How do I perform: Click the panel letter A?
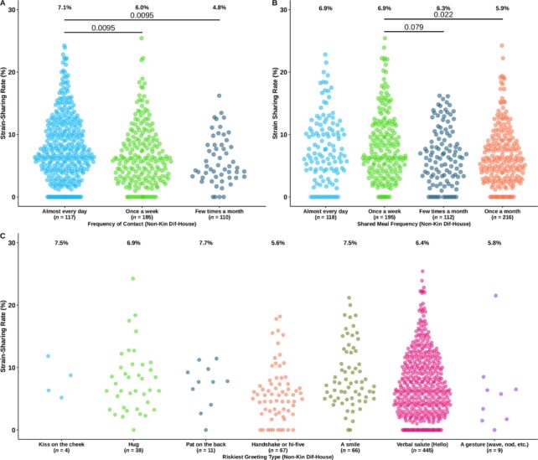(5, 5)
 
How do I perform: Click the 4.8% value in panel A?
(219, 8)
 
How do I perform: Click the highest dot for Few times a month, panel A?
(219, 96)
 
